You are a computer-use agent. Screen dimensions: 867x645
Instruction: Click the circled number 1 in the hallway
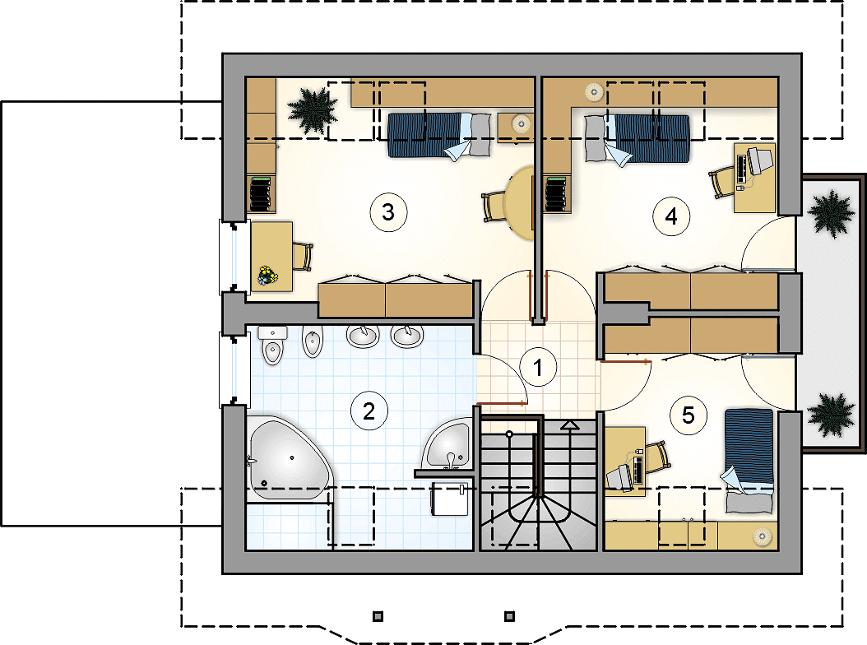[538, 367]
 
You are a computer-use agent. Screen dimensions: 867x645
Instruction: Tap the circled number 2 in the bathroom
[369, 411]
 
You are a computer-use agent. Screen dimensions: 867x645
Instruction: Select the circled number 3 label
[388, 212]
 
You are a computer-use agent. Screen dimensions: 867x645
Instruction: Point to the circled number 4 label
[671, 216]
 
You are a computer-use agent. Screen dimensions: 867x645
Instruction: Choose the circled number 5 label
[688, 415]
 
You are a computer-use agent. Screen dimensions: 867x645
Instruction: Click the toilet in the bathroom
[272, 346]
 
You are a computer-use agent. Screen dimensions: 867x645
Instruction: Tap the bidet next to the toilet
[313, 341]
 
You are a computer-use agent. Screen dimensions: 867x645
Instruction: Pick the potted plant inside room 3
[313, 110]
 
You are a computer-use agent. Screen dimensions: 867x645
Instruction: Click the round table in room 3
[519, 203]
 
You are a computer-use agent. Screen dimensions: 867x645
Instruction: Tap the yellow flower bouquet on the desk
[267, 275]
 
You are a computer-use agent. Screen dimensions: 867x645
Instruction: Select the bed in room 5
[749, 461]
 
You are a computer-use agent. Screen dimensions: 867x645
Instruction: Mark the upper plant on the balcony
[831, 214]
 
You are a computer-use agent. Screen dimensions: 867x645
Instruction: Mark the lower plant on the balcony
[831, 415]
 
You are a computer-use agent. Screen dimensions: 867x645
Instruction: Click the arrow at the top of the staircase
[570, 425]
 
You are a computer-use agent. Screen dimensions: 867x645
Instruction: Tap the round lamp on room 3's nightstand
[521, 124]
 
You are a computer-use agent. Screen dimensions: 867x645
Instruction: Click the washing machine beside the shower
[450, 498]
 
